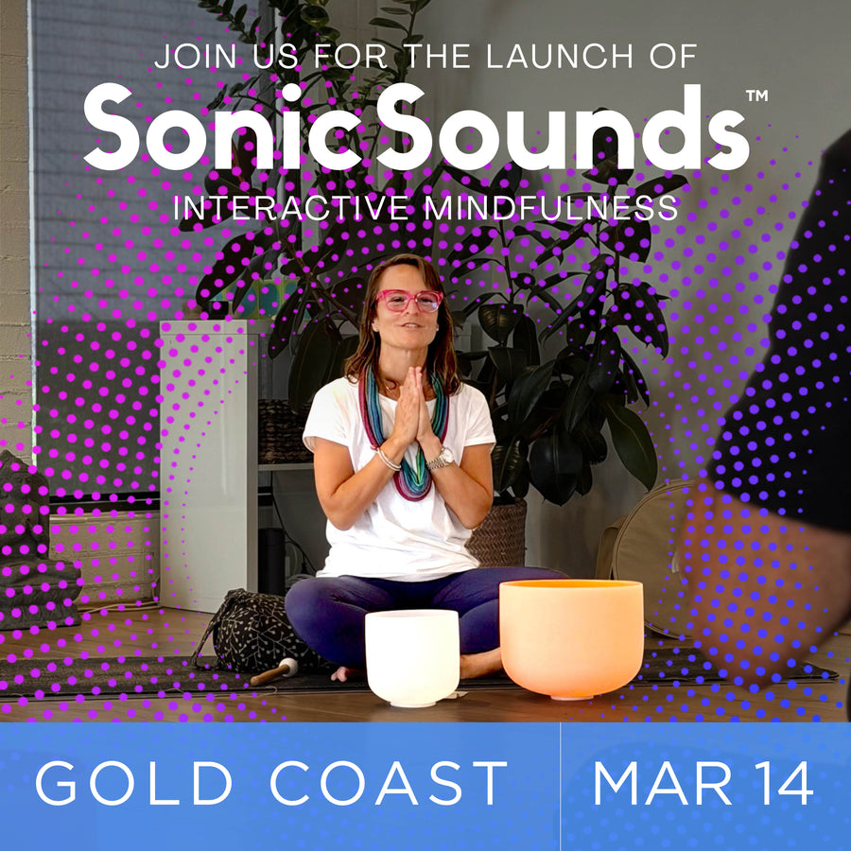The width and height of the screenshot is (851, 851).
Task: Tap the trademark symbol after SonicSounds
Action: pos(755,96)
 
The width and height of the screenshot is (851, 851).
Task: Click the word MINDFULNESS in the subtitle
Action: pos(550,208)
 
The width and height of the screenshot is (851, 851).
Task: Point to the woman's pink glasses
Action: pos(409,301)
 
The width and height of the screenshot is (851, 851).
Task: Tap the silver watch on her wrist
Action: pos(441,459)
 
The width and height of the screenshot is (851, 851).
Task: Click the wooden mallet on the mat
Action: pos(273,672)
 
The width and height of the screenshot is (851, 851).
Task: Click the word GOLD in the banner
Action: pos(133,784)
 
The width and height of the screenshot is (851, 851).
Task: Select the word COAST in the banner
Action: pos(389,784)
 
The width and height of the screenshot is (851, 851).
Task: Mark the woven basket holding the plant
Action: pos(496,534)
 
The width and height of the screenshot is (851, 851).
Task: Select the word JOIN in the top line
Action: pos(193,56)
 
